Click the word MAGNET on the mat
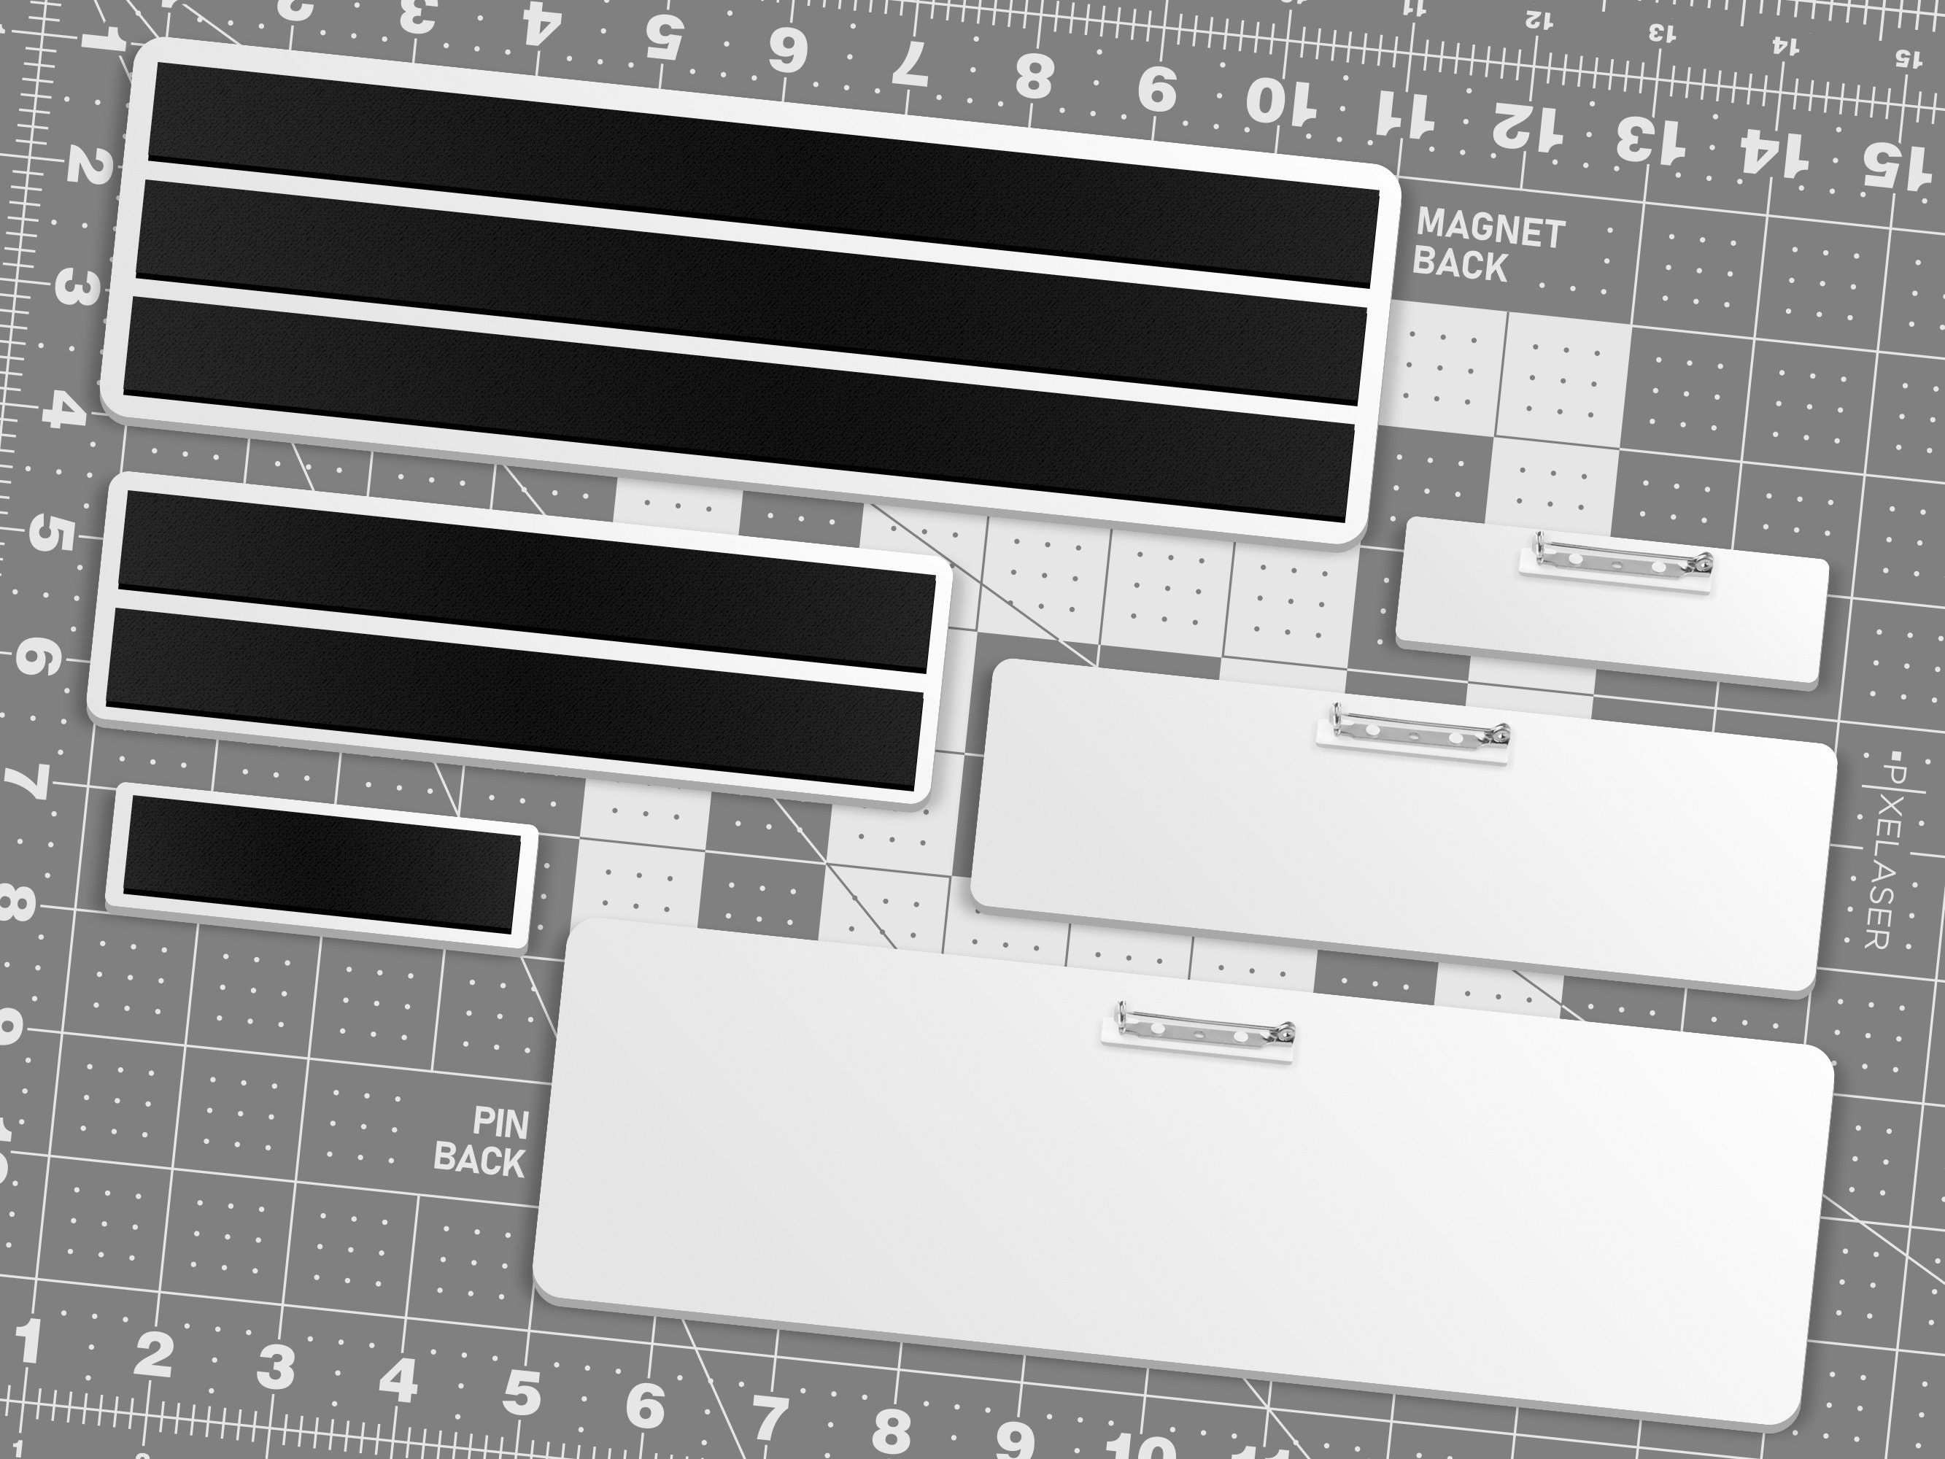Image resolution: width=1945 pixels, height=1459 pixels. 1491,230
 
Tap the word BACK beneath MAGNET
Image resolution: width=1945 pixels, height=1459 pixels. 1460,264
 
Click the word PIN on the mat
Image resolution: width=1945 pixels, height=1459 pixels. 501,1123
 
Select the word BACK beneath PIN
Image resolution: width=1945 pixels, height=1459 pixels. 479,1158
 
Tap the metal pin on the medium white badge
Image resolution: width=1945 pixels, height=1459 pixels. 1414,733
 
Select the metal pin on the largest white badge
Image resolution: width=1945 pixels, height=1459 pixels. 1199,1031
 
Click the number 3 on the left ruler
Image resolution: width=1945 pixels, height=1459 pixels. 76,287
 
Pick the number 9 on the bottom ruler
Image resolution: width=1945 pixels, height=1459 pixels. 1016,1438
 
